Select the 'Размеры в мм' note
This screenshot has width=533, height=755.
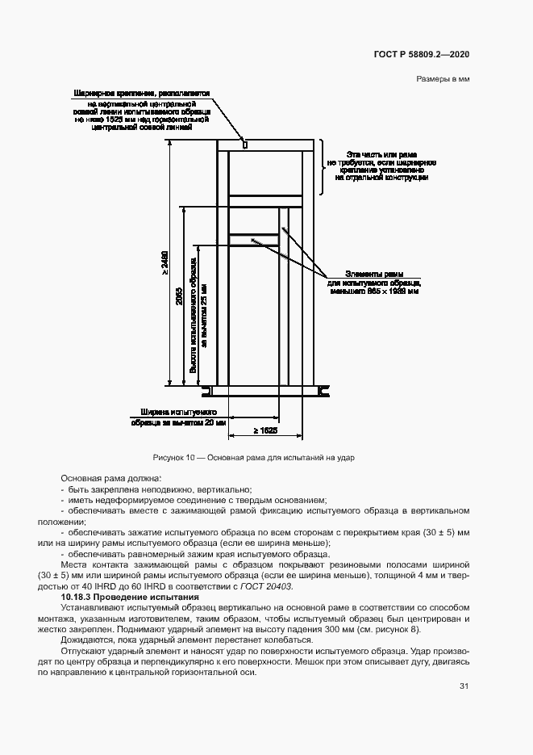point(443,79)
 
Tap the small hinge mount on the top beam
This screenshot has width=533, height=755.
point(245,145)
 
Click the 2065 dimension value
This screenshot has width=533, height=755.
point(178,297)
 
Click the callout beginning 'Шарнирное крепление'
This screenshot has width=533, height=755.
point(141,94)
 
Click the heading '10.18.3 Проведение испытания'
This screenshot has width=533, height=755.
point(122,596)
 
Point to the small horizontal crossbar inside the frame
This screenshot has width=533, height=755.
point(253,239)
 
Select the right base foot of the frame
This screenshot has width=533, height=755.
point(325,391)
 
